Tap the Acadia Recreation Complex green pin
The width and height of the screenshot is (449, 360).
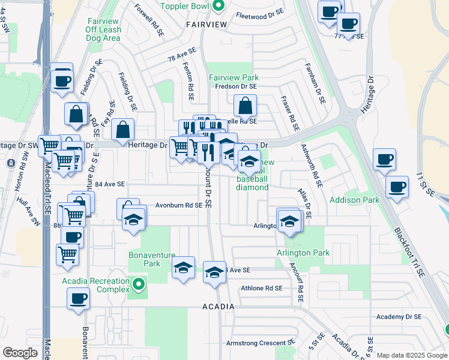coord(139,284)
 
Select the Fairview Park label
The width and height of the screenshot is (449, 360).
coord(234,78)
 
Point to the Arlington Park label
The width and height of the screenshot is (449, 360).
coord(303,253)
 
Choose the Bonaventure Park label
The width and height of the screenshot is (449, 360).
coord(145,259)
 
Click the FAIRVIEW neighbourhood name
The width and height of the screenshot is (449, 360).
coord(206,24)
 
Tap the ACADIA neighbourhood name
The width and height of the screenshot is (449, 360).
coord(218,307)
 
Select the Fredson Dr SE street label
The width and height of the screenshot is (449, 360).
coord(236,86)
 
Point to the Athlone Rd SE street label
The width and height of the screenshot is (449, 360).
coord(261,288)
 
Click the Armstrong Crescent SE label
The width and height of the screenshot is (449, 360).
coord(261,343)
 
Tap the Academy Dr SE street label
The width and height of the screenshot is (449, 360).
coord(399,316)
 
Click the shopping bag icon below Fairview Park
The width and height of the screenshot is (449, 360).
coord(246,108)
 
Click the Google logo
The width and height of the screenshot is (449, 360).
coord(20,353)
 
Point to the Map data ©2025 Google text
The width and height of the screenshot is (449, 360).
coord(411,355)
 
